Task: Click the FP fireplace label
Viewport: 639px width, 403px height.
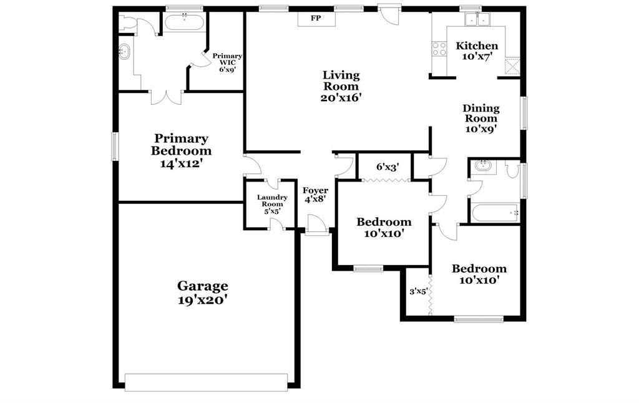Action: click(316, 19)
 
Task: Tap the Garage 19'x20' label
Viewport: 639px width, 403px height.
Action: click(203, 293)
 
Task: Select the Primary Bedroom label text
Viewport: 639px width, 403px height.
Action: click(181, 145)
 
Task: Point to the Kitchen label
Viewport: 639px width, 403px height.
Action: click(477, 46)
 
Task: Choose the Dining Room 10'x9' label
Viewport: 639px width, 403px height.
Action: click(480, 119)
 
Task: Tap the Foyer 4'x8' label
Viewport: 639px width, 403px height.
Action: click(315, 195)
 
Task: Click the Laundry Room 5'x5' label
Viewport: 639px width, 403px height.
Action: click(272, 204)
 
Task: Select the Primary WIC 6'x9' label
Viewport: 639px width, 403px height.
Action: click(227, 62)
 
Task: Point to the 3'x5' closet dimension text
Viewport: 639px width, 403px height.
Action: click(417, 290)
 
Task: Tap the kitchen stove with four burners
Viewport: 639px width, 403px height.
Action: click(439, 49)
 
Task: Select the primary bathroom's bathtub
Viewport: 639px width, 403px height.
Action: click(184, 22)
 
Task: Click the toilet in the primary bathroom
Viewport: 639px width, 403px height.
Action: click(128, 23)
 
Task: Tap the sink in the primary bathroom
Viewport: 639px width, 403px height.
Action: click(125, 52)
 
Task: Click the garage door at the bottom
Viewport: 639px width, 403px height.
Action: click(206, 382)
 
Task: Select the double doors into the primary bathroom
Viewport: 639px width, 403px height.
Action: click(166, 97)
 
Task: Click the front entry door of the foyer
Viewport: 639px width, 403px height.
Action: click(317, 225)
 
